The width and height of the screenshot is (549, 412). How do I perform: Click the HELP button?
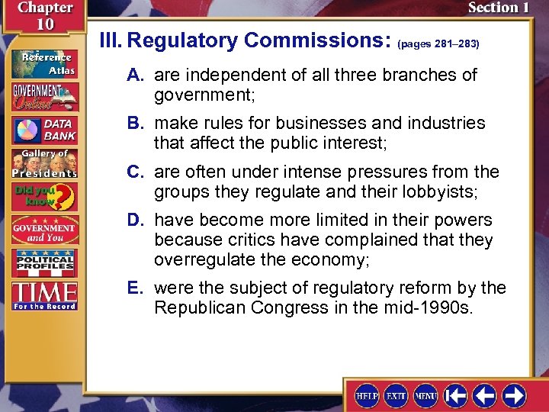[367, 395]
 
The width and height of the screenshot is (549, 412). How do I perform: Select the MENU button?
[425, 395]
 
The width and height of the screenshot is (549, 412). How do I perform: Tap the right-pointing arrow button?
[514, 395]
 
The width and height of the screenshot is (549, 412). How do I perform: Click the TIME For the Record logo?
[43, 296]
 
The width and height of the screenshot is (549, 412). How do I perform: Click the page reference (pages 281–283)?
[438, 44]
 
